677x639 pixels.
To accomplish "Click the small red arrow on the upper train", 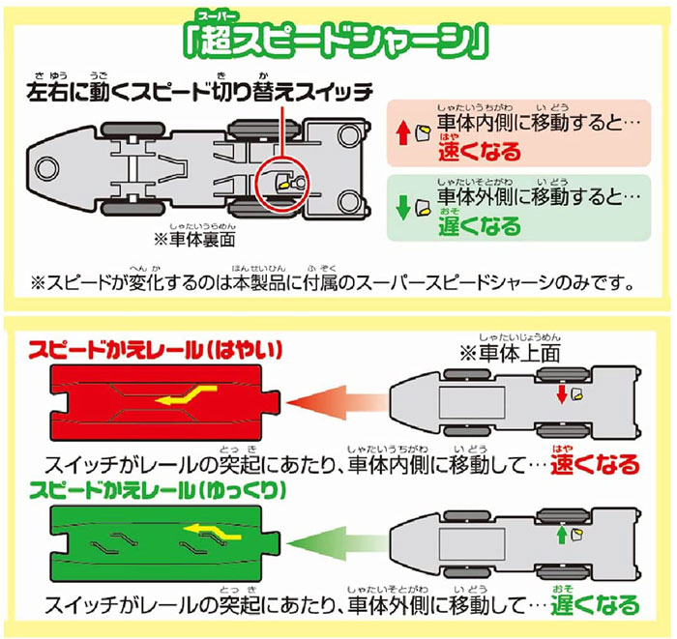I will pyautogui.click(x=559, y=396).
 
